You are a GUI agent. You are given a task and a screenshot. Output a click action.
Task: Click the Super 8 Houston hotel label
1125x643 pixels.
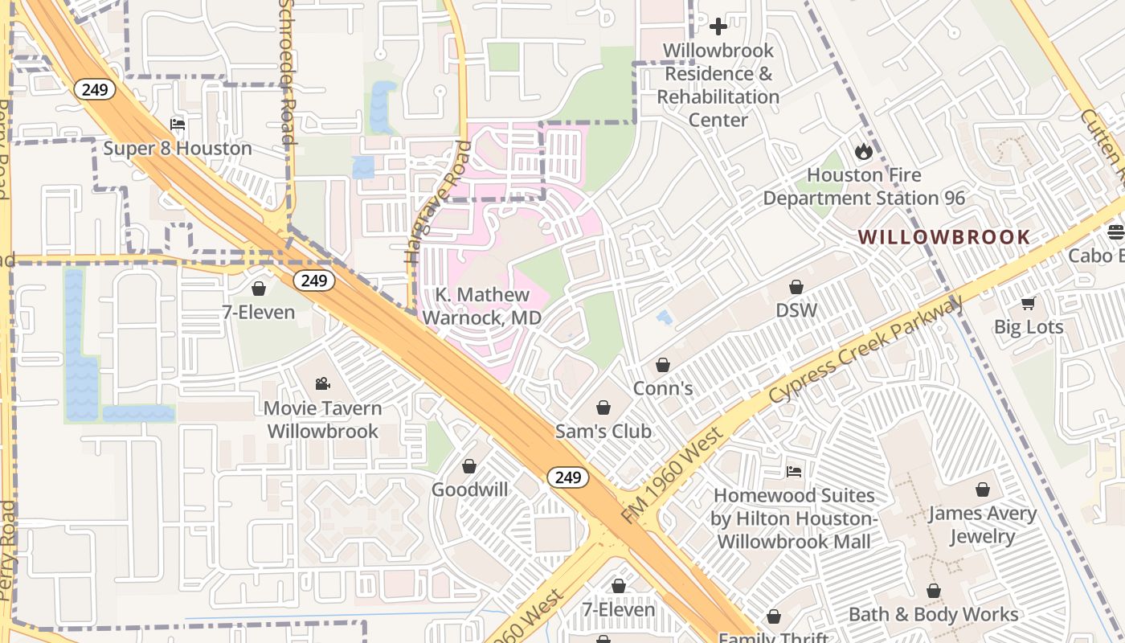[x=178, y=149]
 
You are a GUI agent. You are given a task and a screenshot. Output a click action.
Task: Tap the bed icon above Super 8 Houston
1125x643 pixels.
[x=178, y=125]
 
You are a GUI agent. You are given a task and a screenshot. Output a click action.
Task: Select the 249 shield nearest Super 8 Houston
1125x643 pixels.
[x=94, y=89]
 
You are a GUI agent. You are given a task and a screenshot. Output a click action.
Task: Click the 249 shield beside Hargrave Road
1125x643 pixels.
[x=313, y=281]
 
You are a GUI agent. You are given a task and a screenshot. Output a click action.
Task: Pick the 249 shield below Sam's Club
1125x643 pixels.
[x=568, y=477]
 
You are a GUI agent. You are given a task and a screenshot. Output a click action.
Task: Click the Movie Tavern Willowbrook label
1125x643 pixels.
[x=322, y=420]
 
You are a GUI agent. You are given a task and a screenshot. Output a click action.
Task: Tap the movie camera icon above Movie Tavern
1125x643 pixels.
[x=322, y=383]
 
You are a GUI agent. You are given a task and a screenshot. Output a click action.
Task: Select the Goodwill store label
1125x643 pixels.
[x=469, y=489]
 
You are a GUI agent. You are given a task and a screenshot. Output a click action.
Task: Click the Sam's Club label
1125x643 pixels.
[x=603, y=432]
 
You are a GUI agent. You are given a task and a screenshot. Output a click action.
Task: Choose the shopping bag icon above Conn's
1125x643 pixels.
[x=663, y=366]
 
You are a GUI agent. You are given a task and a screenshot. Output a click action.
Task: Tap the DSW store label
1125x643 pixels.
[x=796, y=310]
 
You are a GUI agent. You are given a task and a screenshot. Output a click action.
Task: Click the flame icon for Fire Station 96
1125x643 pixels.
[x=864, y=151]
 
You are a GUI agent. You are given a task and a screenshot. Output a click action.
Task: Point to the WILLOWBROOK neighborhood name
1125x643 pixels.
[x=944, y=237]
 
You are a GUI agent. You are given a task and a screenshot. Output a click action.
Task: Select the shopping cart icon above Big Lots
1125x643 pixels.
[x=1028, y=303]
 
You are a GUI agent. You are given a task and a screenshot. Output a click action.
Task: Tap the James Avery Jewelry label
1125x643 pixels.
[x=982, y=525]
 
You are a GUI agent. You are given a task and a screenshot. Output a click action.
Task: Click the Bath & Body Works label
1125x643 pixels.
[x=934, y=615]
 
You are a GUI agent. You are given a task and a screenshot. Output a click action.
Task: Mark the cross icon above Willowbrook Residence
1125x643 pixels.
[x=718, y=27]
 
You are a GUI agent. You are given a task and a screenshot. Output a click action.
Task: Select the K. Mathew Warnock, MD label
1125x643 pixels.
[x=482, y=306]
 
